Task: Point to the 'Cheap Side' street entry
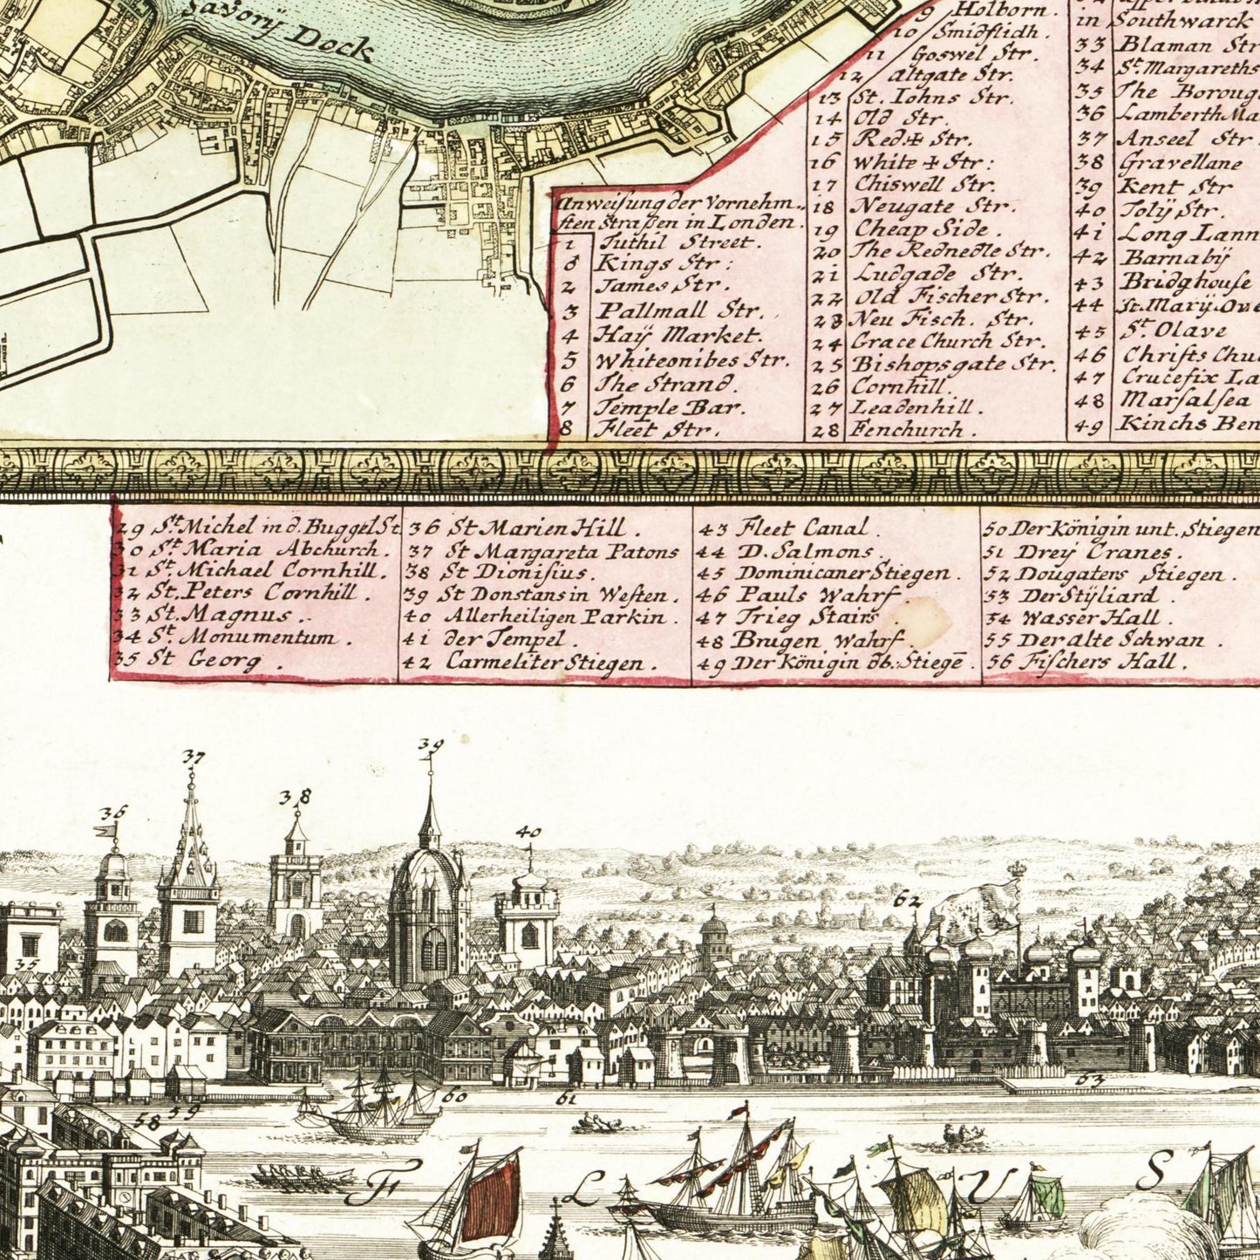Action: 921,228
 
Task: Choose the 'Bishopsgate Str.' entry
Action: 952,363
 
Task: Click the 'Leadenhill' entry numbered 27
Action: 916,407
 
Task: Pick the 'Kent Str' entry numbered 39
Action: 1175,186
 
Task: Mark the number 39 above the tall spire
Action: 430,745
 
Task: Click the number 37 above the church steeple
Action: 194,757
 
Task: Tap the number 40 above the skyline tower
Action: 528,832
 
